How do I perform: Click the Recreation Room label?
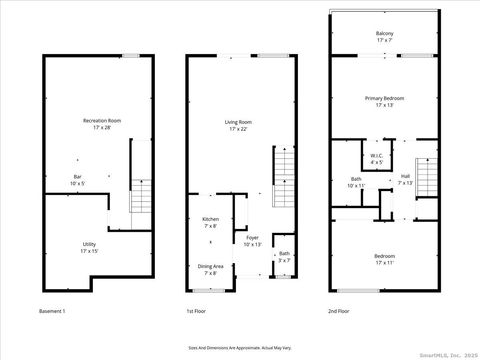tap(96, 123)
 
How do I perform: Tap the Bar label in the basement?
tap(78, 179)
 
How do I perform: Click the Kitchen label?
tap(211, 221)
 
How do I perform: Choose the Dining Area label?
tap(211, 269)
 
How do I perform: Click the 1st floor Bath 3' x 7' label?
tap(285, 256)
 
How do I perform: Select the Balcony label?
tap(385, 36)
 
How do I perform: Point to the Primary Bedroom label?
tap(384, 101)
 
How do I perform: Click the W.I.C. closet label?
tap(376, 158)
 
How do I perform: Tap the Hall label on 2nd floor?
tap(405, 180)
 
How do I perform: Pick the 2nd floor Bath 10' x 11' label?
tap(356, 182)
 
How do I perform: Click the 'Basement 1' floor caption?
tap(51, 312)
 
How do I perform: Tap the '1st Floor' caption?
tap(197, 312)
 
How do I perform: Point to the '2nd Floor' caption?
tap(340, 312)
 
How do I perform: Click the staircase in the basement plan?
tap(140, 195)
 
